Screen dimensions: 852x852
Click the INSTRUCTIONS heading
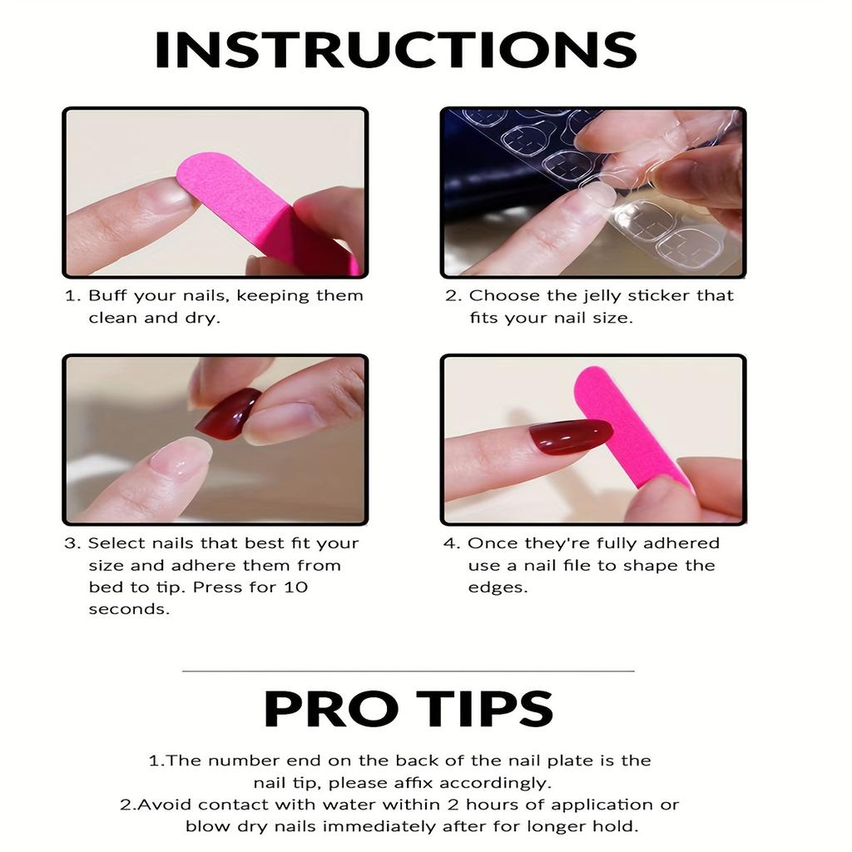(395, 49)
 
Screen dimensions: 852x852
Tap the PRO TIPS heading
(408, 709)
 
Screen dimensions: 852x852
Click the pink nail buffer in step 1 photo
(260, 212)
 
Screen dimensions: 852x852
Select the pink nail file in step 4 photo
(631, 429)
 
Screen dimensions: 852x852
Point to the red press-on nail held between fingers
(228, 412)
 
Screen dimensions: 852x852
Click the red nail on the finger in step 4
(571, 436)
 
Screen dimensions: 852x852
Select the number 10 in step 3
(295, 587)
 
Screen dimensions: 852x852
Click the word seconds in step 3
(129, 609)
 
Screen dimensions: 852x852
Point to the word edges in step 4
(498, 588)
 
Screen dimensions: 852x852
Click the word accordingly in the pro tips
(495, 784)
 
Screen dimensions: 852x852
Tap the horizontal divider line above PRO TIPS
(408, 671)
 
